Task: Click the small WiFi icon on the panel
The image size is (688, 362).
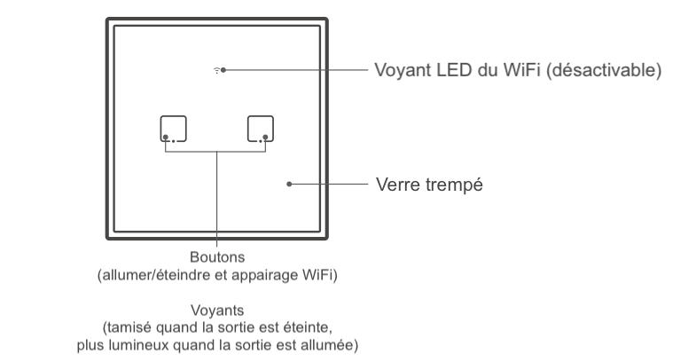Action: (x=217, y=69)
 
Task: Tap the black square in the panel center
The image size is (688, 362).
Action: (x=216, y=130)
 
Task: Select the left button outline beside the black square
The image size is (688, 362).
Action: (x=174, y=129)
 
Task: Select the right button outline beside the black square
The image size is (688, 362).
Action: (x=260, y=129)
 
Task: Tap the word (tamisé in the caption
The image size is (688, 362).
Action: (x=131, y=327)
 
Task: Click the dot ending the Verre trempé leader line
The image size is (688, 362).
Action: (x=290, y=185)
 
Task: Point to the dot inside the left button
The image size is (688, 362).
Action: (x=165, y=137)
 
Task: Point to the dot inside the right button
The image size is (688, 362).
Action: (x=264, y=137)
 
